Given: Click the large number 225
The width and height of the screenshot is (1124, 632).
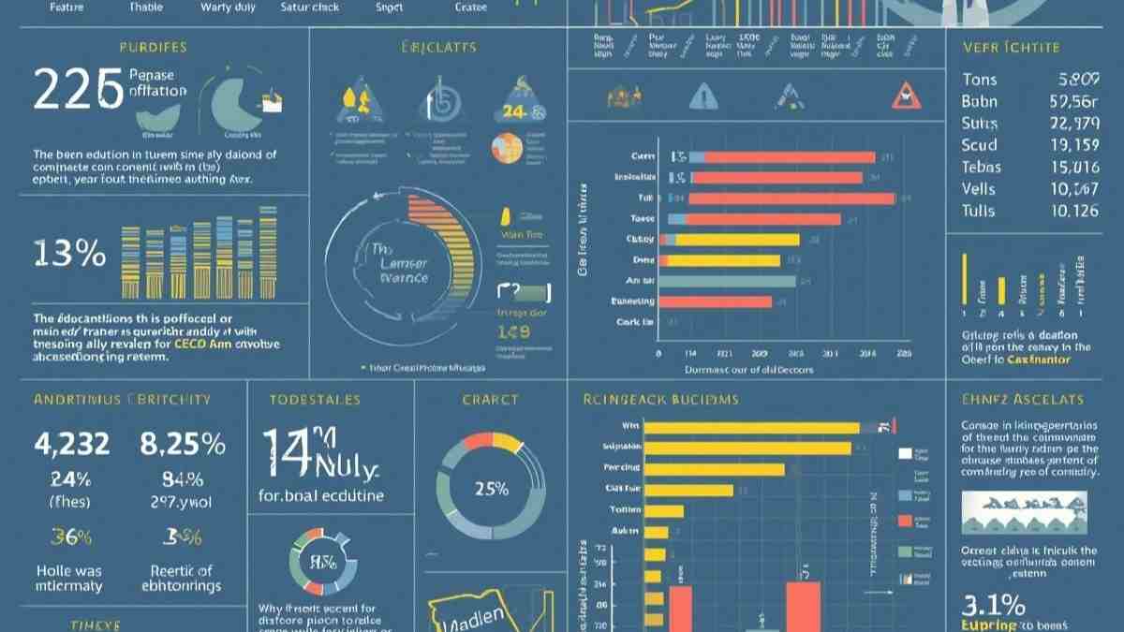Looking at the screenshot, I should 79,91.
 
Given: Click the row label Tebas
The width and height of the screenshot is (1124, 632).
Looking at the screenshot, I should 981,167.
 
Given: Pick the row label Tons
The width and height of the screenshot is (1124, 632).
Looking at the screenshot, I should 979,80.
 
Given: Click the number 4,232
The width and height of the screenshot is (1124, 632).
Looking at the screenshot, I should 71,443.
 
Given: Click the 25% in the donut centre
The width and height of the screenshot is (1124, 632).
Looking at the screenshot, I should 491,489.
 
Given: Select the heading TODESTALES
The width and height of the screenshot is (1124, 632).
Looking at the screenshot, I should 315,400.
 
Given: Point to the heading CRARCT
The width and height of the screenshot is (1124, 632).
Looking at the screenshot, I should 490,400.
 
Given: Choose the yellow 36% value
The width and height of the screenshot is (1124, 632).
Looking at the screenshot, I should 70,536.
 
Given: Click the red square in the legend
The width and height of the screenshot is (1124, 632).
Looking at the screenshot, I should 905,521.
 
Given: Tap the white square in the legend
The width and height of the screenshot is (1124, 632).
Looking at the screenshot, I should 905,455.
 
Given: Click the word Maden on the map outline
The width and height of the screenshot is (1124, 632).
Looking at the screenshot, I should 473,618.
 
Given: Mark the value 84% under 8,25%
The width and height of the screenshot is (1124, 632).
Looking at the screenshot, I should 183,480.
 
